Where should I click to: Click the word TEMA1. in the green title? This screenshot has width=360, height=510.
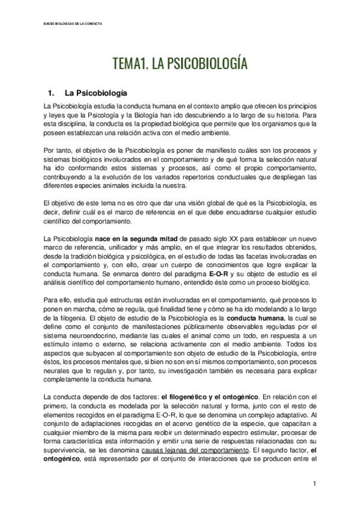tap(132, 64)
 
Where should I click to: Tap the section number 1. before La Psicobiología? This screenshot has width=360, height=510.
tap(50, 94)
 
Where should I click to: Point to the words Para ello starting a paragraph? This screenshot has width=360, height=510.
tap(56, 300)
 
